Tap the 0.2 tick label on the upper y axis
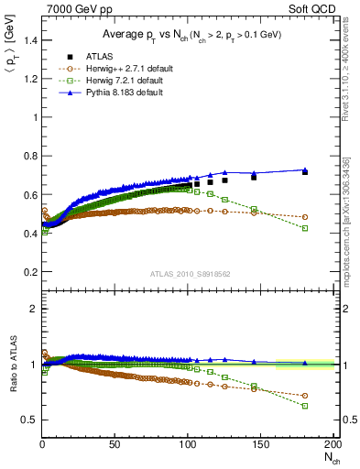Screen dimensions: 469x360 tap(30, 273)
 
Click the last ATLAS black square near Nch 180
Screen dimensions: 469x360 tap(305, 172)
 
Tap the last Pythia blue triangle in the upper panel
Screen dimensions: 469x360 tap(305, 169)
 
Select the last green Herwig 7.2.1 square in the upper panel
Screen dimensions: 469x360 tap(305, 228)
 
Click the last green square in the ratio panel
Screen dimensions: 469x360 tap(305, 406)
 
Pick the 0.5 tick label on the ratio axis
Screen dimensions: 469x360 tap(30, 420)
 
